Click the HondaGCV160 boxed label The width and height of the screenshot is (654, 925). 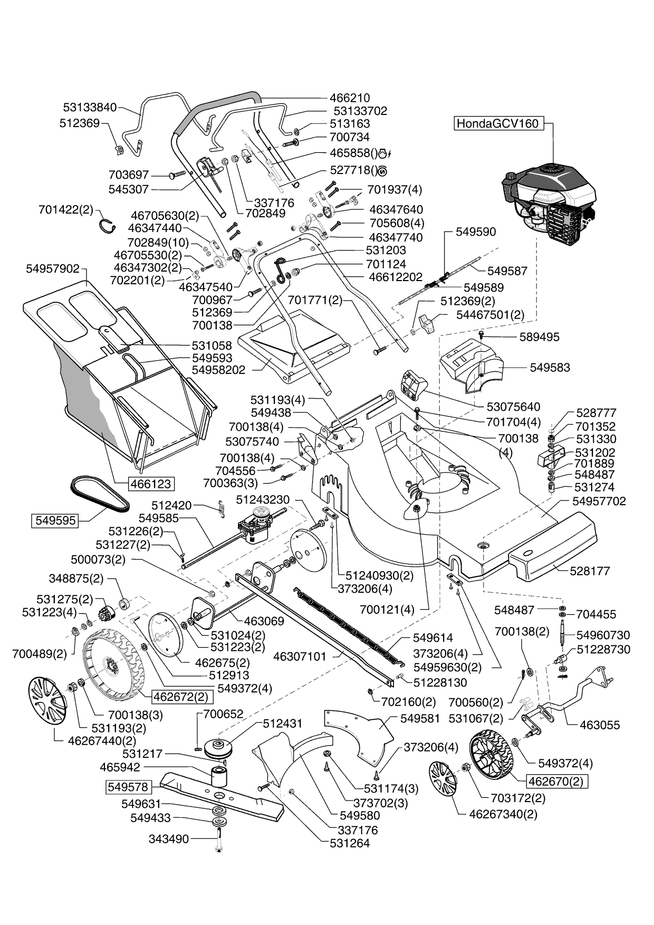498,123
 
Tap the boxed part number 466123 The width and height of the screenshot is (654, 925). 150,483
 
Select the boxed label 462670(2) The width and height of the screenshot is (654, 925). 557,781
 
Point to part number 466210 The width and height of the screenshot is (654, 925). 350,98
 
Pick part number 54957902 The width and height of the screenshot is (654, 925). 53,268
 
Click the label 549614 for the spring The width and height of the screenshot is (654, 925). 432,638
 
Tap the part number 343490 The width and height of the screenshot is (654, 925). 169,839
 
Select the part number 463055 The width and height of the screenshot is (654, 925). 600,725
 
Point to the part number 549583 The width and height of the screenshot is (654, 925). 550,367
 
